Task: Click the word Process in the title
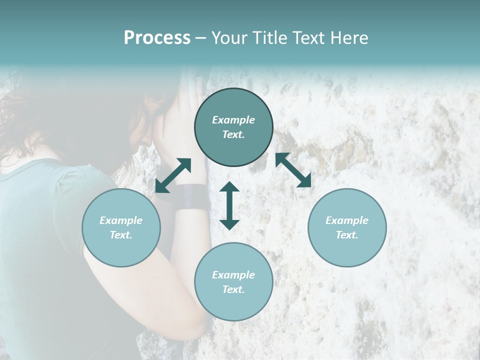(157, 38)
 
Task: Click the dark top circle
(233, 127)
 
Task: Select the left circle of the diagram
(121, 227)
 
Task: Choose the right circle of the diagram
(347, 227)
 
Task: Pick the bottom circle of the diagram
(233, 282)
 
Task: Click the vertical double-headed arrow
(229, 205)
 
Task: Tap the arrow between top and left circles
(173, 175)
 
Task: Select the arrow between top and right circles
(293, 170)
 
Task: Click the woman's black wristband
(192, 196)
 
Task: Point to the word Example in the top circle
(233, 120)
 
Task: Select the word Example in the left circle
(121, 220)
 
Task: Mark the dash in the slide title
(200, 38)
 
